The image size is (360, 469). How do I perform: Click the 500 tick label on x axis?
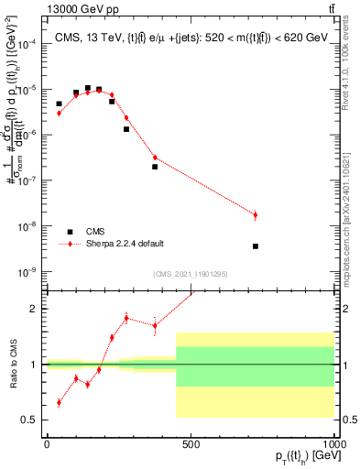point(191,444)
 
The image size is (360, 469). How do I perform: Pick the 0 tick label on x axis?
point(47,444)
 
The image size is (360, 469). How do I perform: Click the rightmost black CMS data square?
point(256,245)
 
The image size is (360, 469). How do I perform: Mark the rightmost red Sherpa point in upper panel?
point(256,215)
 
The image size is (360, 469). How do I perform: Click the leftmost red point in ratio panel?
point(60,402)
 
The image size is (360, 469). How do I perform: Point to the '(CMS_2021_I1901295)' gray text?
point(190,274)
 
